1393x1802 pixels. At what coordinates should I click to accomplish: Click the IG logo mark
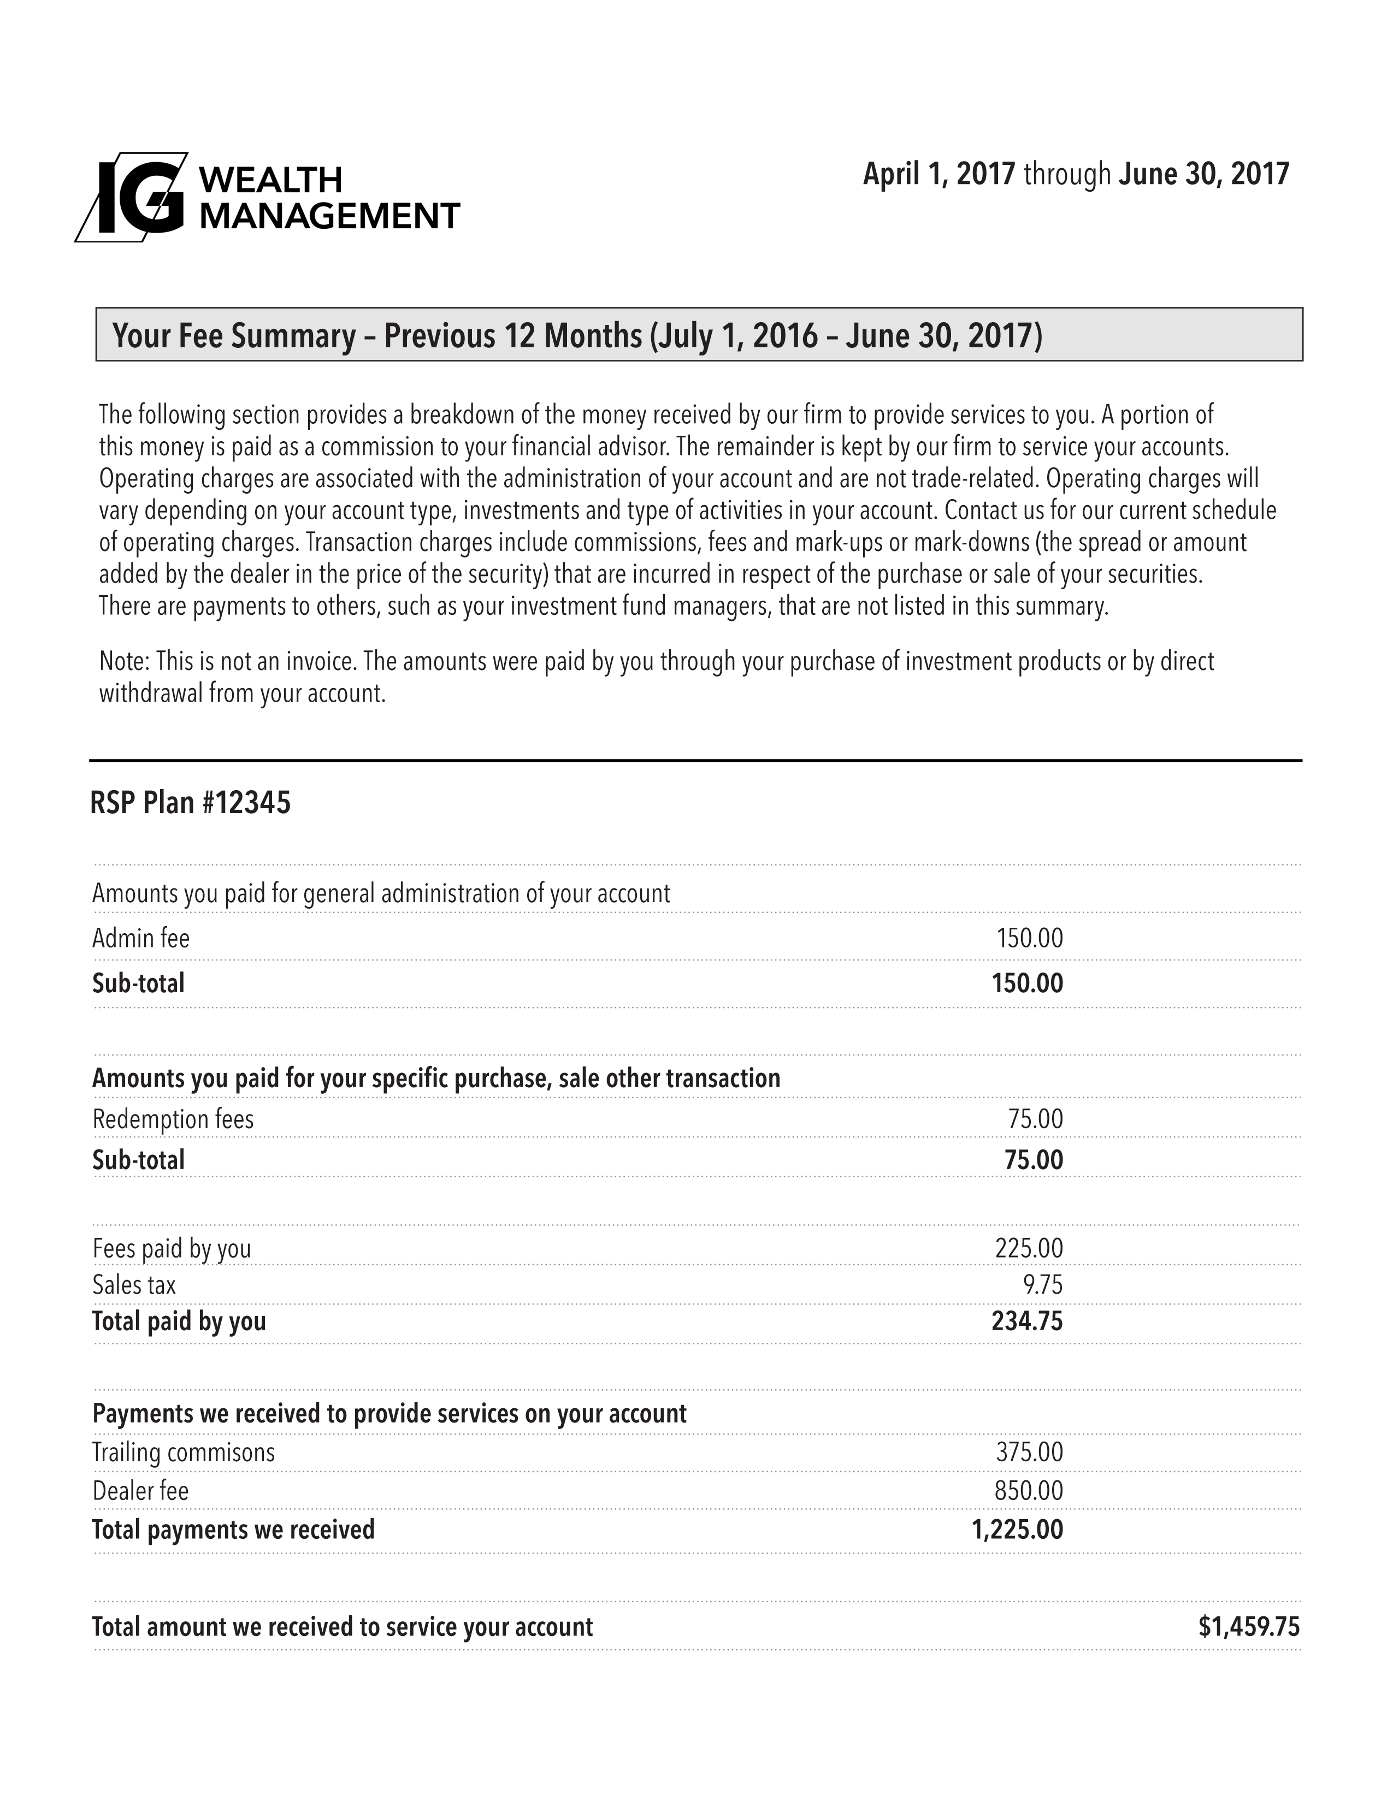pos(132,197)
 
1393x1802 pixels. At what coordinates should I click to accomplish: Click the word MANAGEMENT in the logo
pos(330,216)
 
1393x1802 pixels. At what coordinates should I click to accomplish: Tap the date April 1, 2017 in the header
pos(938,174)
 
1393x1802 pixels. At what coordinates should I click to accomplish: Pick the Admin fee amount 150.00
pos(1029,938)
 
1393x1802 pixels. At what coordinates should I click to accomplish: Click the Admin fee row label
pos(141,938)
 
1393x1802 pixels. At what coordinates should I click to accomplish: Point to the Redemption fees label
pos(173,1119)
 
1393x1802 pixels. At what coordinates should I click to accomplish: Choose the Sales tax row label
pos(134,1285)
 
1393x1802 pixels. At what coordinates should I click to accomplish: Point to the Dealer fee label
pos(140,1491)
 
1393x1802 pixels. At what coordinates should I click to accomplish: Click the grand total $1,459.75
pos(1249,1626)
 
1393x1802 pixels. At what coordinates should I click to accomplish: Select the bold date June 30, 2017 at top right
pos(1203,174)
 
